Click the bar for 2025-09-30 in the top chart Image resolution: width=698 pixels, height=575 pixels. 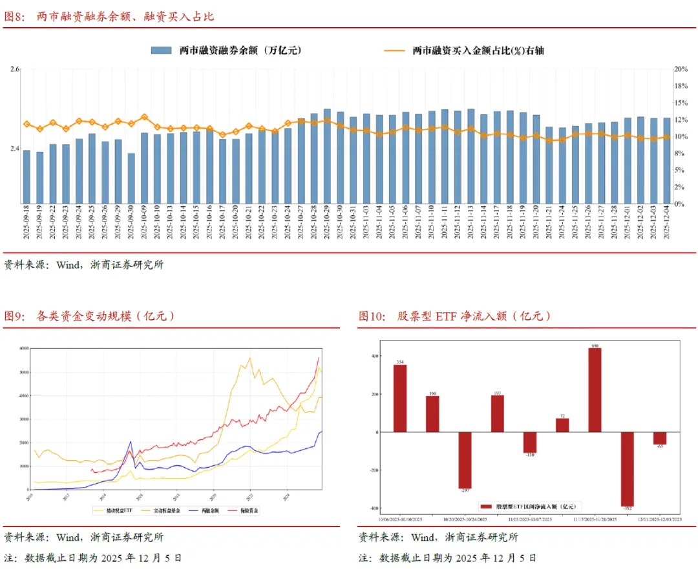[x=131, y=178]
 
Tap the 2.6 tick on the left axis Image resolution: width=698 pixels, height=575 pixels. [x=15, y=69]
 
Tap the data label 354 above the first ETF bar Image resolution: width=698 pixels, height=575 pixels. [x=400, y=361]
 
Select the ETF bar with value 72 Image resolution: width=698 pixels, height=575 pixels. [x=562, y=425]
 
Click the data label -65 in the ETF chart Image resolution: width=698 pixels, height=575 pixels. [x=659, y=447]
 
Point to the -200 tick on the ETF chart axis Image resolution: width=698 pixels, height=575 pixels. [x=374, y=470]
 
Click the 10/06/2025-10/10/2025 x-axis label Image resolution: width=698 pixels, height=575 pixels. [x=399, y=519]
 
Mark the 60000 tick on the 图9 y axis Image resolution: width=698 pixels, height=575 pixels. [x=23, y=348]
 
